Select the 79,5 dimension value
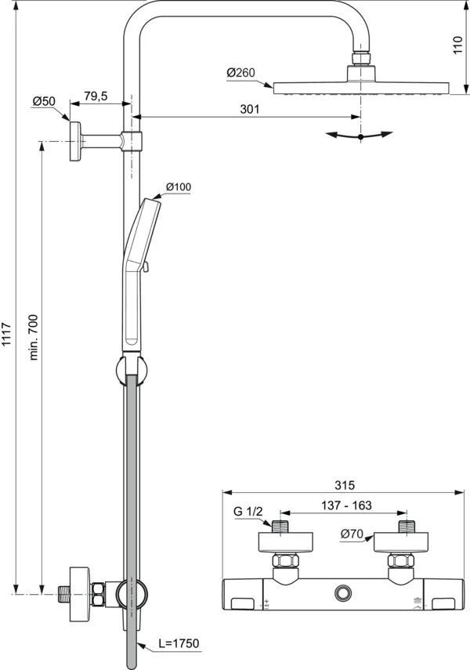click(96, 96)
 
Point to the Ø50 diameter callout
click(43, 102)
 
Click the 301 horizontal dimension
click(249, 110)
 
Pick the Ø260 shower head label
click(240, 73)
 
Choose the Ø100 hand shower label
click(178, 187)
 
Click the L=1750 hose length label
click(179, 643)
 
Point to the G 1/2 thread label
click(248, 512)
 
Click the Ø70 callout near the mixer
click(351, 535)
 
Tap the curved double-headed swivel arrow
click(360, 136)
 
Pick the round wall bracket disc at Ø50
click(75, 141)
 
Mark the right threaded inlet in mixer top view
click(405, 525)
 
